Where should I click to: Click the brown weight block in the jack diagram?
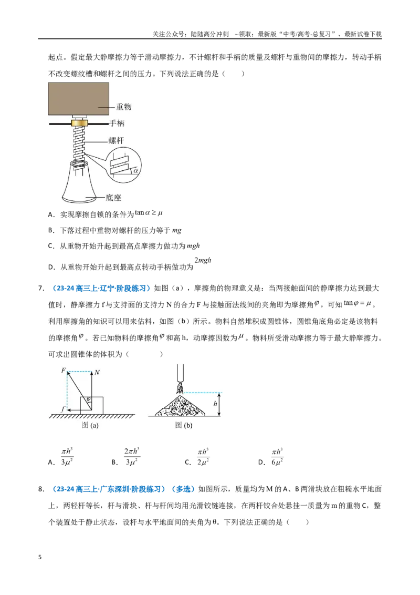coord(78,99)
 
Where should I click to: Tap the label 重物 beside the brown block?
coord(123,107)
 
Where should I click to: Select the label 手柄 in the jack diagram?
coord(117,124)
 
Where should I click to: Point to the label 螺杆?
coord(116,140)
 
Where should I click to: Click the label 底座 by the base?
coord(113,197)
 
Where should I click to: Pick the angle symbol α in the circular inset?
coord(135,171)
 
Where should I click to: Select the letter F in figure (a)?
coord(64,370)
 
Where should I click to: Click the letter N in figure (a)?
coord(98,372)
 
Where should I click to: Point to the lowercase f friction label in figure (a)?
coord(63,409)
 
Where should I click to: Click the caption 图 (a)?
coord(90,425)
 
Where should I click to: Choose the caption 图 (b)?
coord(184,425)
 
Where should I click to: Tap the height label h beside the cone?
coord(215,404)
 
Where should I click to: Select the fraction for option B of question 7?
coord(131,456)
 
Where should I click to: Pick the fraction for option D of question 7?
coord(277,456)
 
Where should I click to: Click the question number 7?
coord(41,289)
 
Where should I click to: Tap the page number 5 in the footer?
coord(40,557)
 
